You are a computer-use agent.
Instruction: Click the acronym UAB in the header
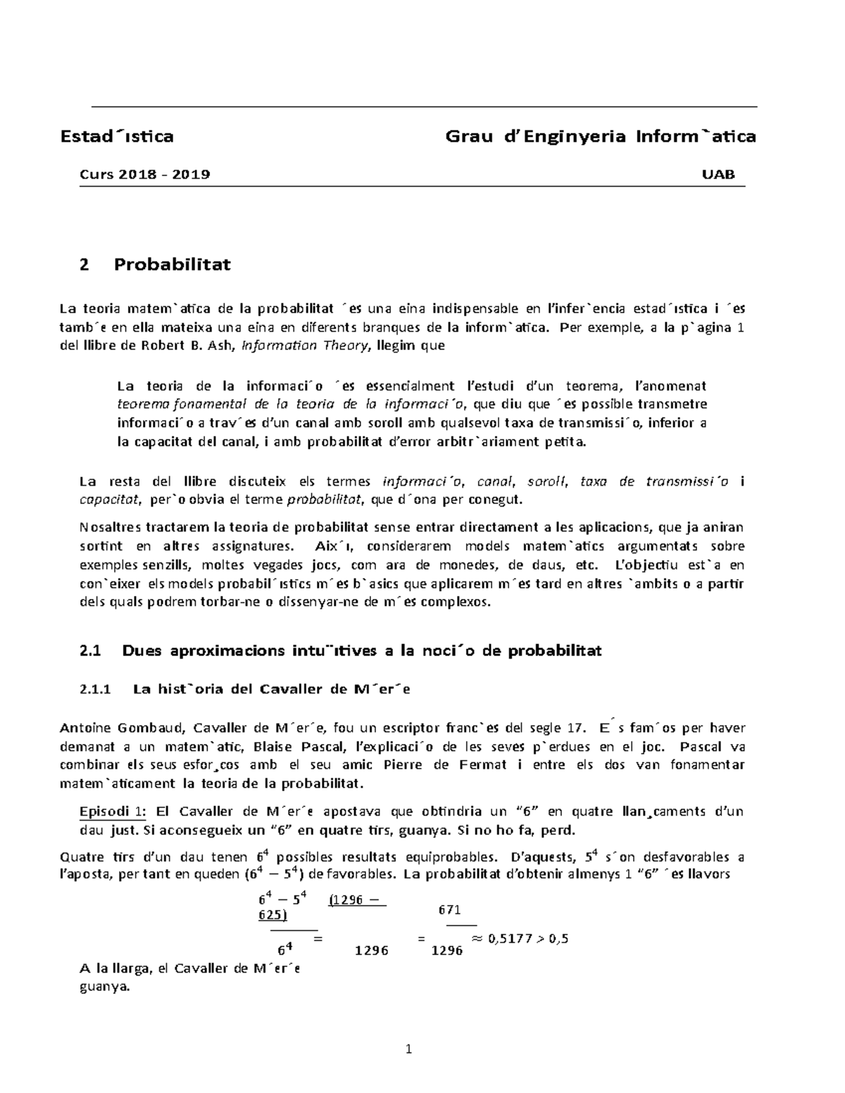click(x=718, y=175)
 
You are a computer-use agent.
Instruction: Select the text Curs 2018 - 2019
click(x=144, y=175)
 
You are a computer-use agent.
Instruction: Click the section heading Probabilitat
click(x=173, y=265)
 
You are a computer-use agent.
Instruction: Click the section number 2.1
click(x=92, y=650)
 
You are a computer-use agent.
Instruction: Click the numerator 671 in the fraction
click(x=449, y=909)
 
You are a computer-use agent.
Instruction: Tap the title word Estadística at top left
click(x=116, y=136)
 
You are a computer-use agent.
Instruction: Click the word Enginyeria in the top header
click(x=575, y=136)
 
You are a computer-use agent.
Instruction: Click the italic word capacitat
click(x=108, y=500)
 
